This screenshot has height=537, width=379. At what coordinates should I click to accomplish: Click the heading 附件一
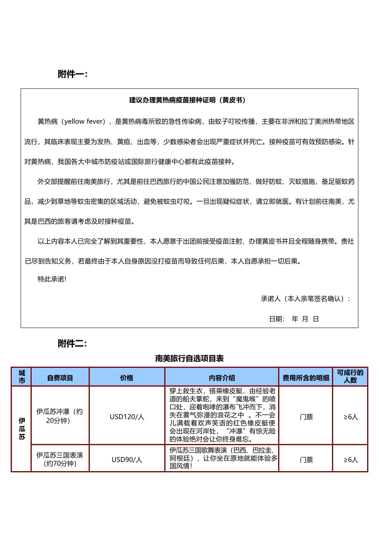click(x=73, y=74)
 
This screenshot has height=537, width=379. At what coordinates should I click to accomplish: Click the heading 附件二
click(x=73, y=343)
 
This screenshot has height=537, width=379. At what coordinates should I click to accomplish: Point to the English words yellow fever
click(x=84, y=122)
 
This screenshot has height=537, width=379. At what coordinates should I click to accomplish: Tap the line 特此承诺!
click(x=52, y=279)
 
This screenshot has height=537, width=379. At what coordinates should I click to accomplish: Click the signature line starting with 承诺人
click(x=305, y=299)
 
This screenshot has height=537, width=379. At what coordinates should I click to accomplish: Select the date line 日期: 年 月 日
click(x=294, y=319)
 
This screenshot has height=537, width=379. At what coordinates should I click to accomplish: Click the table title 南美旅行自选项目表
click(x=189, y=359)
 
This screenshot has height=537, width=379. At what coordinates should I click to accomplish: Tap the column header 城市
click(x=22, y=377)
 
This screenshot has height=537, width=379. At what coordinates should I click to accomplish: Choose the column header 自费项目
click(x=60, y=378)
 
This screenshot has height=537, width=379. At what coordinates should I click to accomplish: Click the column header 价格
click(x=126, y=378)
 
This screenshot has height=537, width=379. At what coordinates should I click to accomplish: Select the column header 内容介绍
click(x=222, y=378)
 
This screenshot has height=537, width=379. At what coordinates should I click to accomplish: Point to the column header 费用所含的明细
click(x=306, y=378)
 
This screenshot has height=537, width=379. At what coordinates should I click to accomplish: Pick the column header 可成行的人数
click(x=350, y=376)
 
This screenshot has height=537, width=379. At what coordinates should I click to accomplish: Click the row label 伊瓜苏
click(x=22, y=429)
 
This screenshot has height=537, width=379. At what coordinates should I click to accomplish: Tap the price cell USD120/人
click(x=127, y=416)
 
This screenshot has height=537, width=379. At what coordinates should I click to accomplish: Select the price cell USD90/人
click(x=127, y=459)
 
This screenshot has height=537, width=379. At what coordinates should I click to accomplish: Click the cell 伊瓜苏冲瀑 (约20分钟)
click(x=60, y=416)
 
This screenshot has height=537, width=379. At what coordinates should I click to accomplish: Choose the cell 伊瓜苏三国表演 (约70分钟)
click(x=60, y=459)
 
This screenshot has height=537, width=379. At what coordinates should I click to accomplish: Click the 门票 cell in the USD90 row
click(x=306, y=459)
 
